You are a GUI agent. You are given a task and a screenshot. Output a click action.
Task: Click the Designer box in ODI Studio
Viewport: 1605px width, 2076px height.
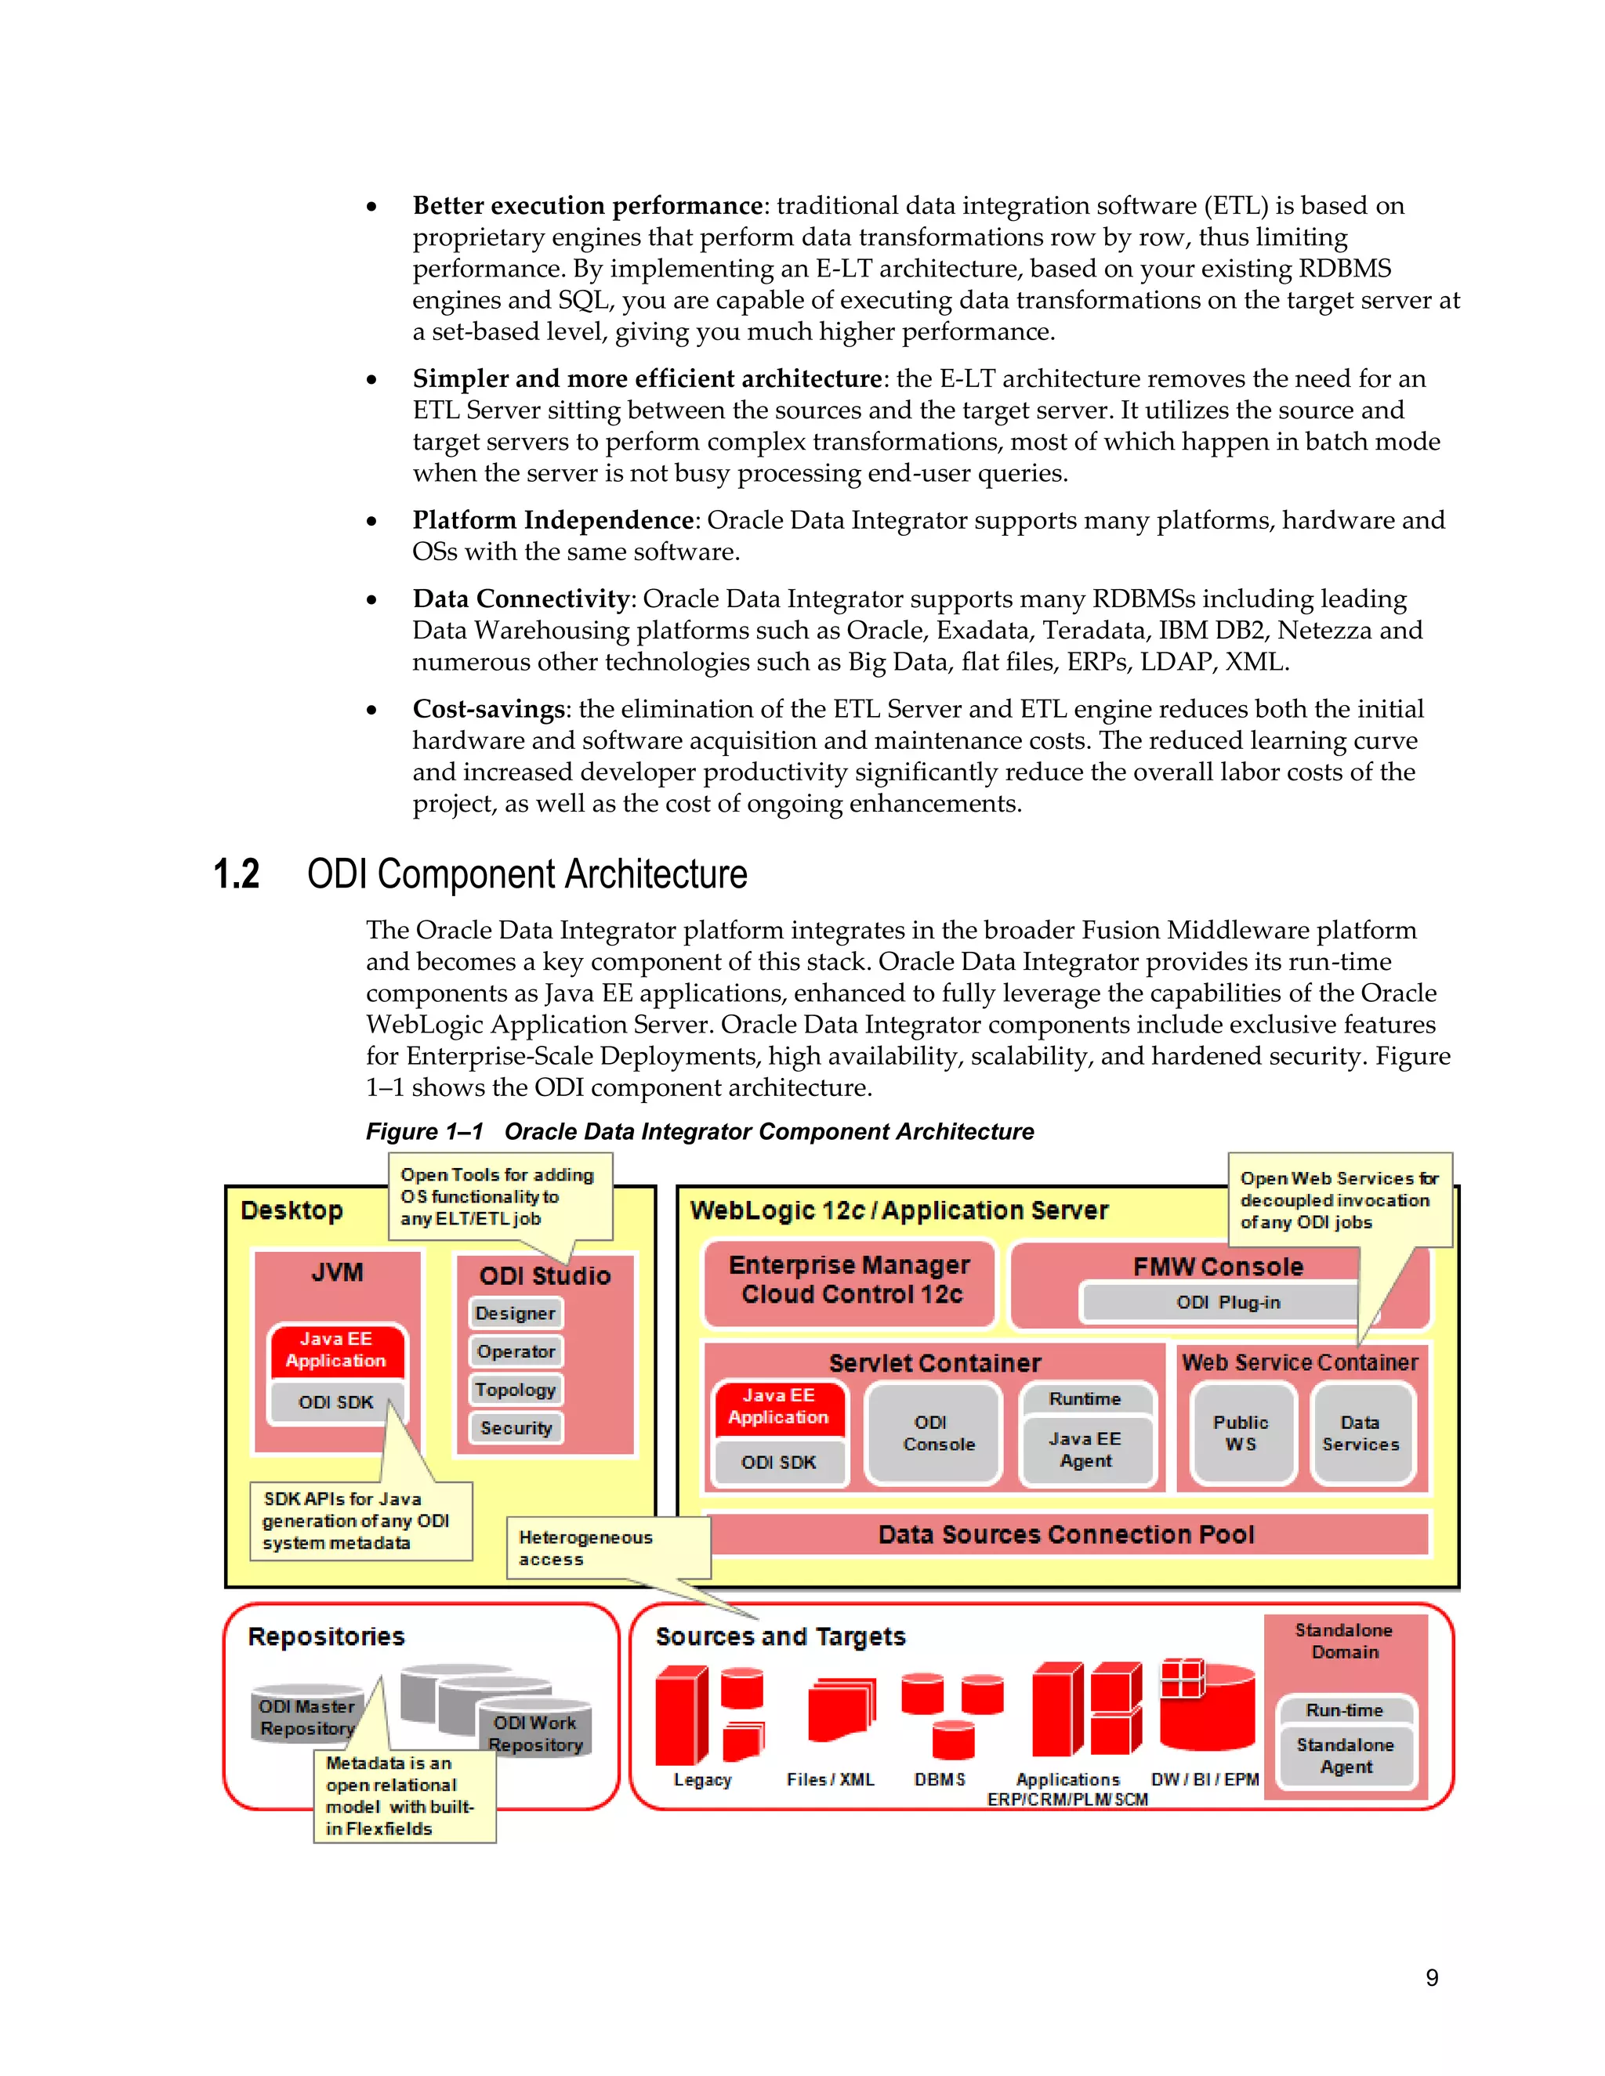(516, 1313)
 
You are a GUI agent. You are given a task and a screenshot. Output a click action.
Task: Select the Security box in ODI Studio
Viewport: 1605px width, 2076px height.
(516, 1427)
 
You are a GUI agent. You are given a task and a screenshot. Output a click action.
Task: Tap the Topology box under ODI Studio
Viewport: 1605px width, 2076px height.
(516, 1389)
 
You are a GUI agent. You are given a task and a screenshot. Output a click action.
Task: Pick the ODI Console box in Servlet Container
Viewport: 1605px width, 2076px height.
(933, 1433)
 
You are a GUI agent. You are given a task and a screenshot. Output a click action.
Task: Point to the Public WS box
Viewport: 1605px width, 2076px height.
(1241, 1433)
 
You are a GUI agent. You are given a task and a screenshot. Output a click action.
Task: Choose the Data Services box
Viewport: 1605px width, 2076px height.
(1360, 1433)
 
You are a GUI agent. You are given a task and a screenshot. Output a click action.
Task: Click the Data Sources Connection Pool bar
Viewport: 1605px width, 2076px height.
(1065, 1534)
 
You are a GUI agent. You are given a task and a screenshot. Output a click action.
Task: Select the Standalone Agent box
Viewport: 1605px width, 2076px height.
(1346, 1755)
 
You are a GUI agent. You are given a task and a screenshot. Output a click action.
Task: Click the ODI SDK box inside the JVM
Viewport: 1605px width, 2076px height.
(335, 1402)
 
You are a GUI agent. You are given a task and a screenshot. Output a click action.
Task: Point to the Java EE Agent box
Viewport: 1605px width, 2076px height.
(1086, 1449)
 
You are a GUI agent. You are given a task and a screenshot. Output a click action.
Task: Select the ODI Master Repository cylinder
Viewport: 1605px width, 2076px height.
(306, 1716)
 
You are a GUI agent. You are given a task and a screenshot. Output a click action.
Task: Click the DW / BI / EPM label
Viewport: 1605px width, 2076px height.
(1204, 1778)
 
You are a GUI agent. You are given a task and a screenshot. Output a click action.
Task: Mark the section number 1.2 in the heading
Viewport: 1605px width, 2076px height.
(236, 873)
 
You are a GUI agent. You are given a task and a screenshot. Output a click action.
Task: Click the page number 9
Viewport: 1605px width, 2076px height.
(1431, 1977)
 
